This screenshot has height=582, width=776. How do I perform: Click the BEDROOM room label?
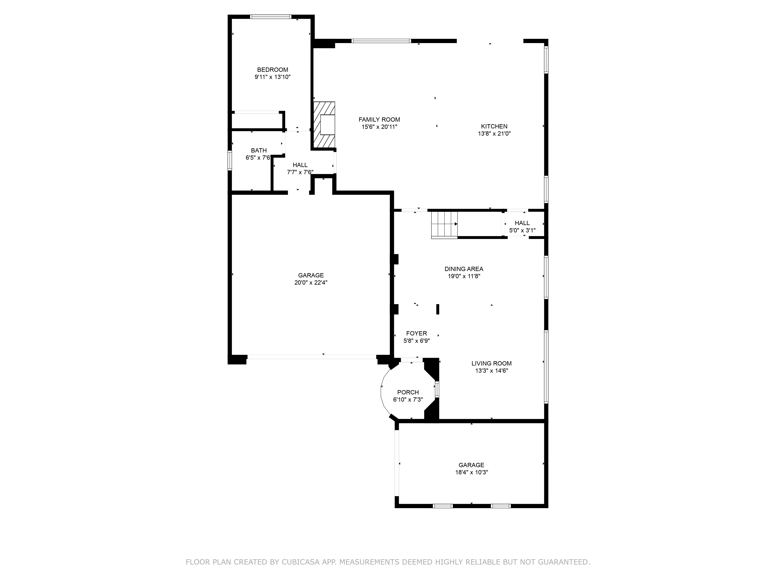coord(273,70)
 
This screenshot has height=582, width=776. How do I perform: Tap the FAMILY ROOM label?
coord(379,120)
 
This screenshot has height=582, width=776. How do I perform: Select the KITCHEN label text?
coord(494,126)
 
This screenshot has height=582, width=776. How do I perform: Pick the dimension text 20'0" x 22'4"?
coord(311,282)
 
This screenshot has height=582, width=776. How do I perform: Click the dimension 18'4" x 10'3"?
coord(471,472)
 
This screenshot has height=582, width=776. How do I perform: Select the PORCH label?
coord(408,392)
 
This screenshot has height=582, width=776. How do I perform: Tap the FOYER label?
coord(416,333)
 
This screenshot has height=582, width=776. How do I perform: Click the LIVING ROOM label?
coord(491,363)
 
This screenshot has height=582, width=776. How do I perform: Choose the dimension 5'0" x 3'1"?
coord(522,230)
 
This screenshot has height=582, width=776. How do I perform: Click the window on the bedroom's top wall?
coord(270,16)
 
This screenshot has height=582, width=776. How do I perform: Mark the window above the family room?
coord(381,41)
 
